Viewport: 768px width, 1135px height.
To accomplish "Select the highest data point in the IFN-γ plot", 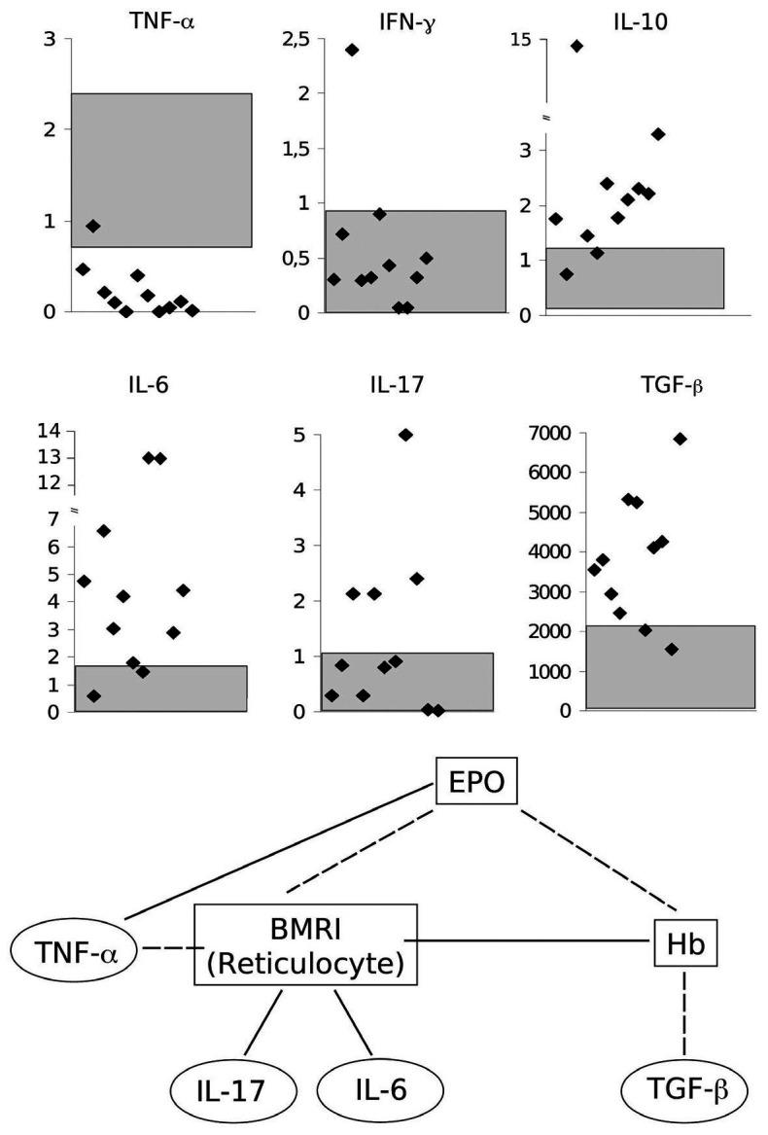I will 352,50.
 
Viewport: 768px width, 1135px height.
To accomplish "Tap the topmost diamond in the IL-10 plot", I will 576,46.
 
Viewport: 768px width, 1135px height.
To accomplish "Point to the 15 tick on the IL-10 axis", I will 525,40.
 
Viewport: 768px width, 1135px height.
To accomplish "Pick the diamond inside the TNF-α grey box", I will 92,226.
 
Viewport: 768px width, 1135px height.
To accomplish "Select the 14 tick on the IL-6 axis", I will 48,431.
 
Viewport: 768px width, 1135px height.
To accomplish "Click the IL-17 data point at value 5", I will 405,435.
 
